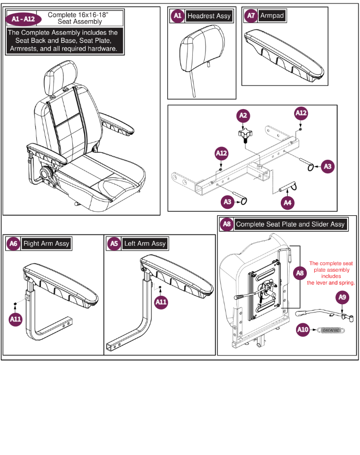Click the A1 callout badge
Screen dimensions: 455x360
click(177, 16)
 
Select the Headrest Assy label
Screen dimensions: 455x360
click(209, 16)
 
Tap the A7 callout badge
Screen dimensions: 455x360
click(251, 16)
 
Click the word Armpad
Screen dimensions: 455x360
click(272, 16)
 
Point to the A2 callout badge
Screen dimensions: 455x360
click(243, 116)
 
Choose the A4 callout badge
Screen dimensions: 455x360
click(288, 202)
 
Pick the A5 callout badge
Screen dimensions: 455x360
click(114, 244)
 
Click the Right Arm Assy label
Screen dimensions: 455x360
click(46, 244)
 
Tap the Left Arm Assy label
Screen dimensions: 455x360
click(145, 244)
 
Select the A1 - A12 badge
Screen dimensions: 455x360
click(20, 19)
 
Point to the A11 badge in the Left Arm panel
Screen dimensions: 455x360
click(161, 302)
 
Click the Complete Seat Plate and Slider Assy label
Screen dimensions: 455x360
click(290, 225)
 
